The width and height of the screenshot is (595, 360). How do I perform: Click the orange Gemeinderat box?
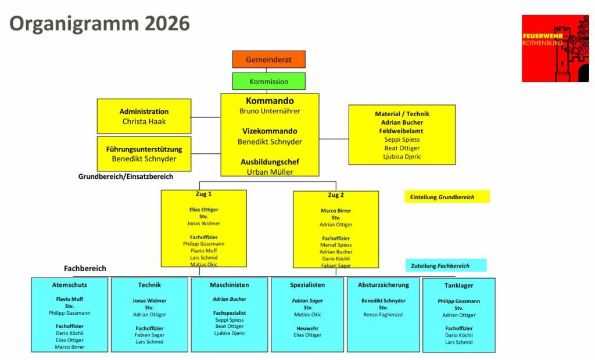268,60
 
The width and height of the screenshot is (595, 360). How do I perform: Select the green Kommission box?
268,82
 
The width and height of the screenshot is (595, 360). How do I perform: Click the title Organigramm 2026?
100,23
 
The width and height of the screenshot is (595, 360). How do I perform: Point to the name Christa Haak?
144,121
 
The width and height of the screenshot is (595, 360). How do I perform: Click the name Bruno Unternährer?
270,111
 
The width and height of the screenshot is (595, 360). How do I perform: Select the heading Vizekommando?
270,131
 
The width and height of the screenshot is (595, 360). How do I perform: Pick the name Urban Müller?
270,172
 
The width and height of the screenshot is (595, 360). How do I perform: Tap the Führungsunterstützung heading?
144,149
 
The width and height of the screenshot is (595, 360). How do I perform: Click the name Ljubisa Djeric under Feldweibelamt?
402,157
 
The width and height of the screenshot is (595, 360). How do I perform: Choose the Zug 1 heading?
203,195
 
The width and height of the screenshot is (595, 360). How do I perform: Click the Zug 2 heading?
336,195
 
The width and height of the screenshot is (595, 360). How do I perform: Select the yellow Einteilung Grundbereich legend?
447,197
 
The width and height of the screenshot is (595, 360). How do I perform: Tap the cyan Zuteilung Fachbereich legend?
446,266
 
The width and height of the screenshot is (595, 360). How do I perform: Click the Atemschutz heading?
70,285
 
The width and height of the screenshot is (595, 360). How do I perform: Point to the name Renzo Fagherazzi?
383,314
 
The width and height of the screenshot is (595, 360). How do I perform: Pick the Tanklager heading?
459,286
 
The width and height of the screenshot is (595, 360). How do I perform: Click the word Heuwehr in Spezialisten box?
307,328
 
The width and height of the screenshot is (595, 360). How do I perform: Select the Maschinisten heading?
230,285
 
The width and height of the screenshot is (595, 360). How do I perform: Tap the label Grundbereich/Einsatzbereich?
126,176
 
